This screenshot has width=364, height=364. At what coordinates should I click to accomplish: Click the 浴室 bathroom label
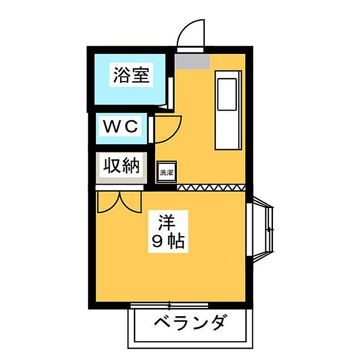coord(131,75)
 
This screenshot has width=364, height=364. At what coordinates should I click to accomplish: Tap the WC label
coord(121,126)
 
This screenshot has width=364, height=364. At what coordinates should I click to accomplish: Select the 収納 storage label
coord(121,165)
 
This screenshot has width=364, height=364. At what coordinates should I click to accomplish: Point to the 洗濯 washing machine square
coord(167,172)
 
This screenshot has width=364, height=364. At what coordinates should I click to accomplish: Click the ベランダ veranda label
coord(189,322)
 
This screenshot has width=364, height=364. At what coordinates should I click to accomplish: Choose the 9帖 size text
coord(168,242)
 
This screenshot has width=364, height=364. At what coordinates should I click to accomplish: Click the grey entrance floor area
coord(192,61)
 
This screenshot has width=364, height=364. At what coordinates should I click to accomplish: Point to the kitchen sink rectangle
coord(227,94)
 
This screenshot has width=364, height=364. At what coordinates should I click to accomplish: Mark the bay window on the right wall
coord(260,229)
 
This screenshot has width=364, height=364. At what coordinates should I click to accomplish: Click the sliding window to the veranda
coord(169,305)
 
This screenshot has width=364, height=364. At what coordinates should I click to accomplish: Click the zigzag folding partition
coord(211,188)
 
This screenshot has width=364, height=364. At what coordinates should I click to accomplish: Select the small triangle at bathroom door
coord(162,107)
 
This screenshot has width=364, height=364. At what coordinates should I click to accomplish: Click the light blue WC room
coord(121,128)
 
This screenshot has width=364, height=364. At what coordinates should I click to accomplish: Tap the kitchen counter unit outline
coord(228,110)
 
